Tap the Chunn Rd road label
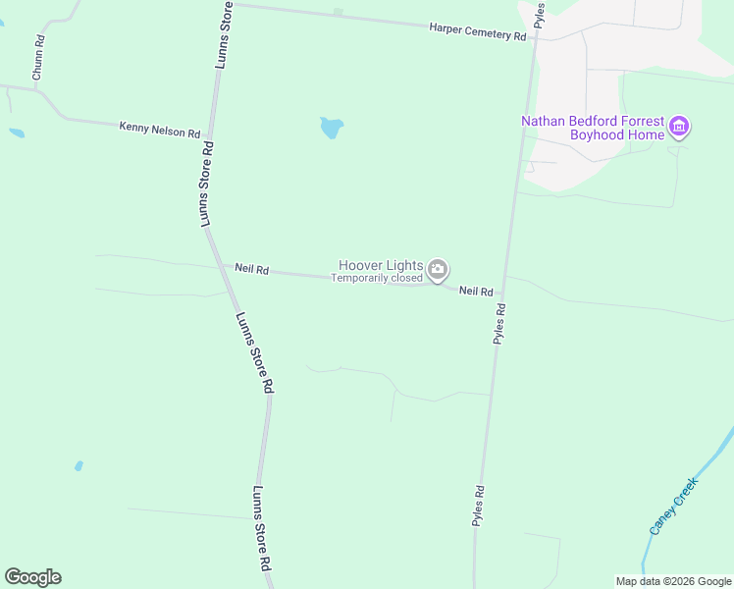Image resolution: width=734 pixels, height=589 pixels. click(38, 59)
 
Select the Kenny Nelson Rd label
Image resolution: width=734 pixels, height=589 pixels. click(160, 130)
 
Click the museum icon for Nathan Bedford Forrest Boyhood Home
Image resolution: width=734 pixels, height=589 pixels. click(679, 127)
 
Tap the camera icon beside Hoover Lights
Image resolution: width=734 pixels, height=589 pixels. click(438, 268)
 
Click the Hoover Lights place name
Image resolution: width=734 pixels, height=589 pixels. click(381, 265)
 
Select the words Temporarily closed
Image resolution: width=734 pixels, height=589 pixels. click(376, 279)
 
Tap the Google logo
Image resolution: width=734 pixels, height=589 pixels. click(32, 577)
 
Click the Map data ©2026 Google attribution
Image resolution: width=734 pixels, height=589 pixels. click(673, 581)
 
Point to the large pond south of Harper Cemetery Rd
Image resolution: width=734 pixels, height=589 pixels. click(332, 128)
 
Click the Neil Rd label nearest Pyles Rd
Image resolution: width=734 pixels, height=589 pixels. click(475, 292)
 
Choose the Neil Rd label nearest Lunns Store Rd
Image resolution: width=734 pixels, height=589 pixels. click(251, 269)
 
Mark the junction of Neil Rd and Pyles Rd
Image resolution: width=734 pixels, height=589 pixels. click(502, 293)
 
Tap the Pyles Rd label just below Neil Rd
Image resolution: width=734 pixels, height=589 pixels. click(500, 323)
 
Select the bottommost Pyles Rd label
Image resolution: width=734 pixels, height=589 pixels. click(479, 507)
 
